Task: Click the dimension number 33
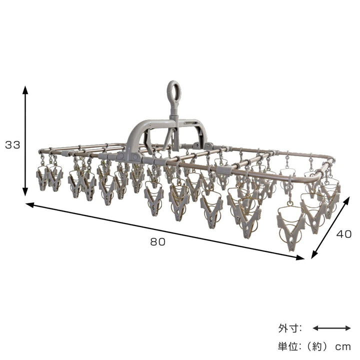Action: [x=12, y=145]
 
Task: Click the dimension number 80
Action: [x=157, y=242]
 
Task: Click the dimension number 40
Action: [x=344, y=234]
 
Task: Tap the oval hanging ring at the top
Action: [x=174, y=92]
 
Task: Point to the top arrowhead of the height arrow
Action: [x=25, y=90]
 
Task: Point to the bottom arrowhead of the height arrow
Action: [x=25, y=192]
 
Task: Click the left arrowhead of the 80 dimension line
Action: [x=30, y=205]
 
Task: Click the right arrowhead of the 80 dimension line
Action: [x=300, y=257]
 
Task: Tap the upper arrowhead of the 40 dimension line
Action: [x=346, y=200]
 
